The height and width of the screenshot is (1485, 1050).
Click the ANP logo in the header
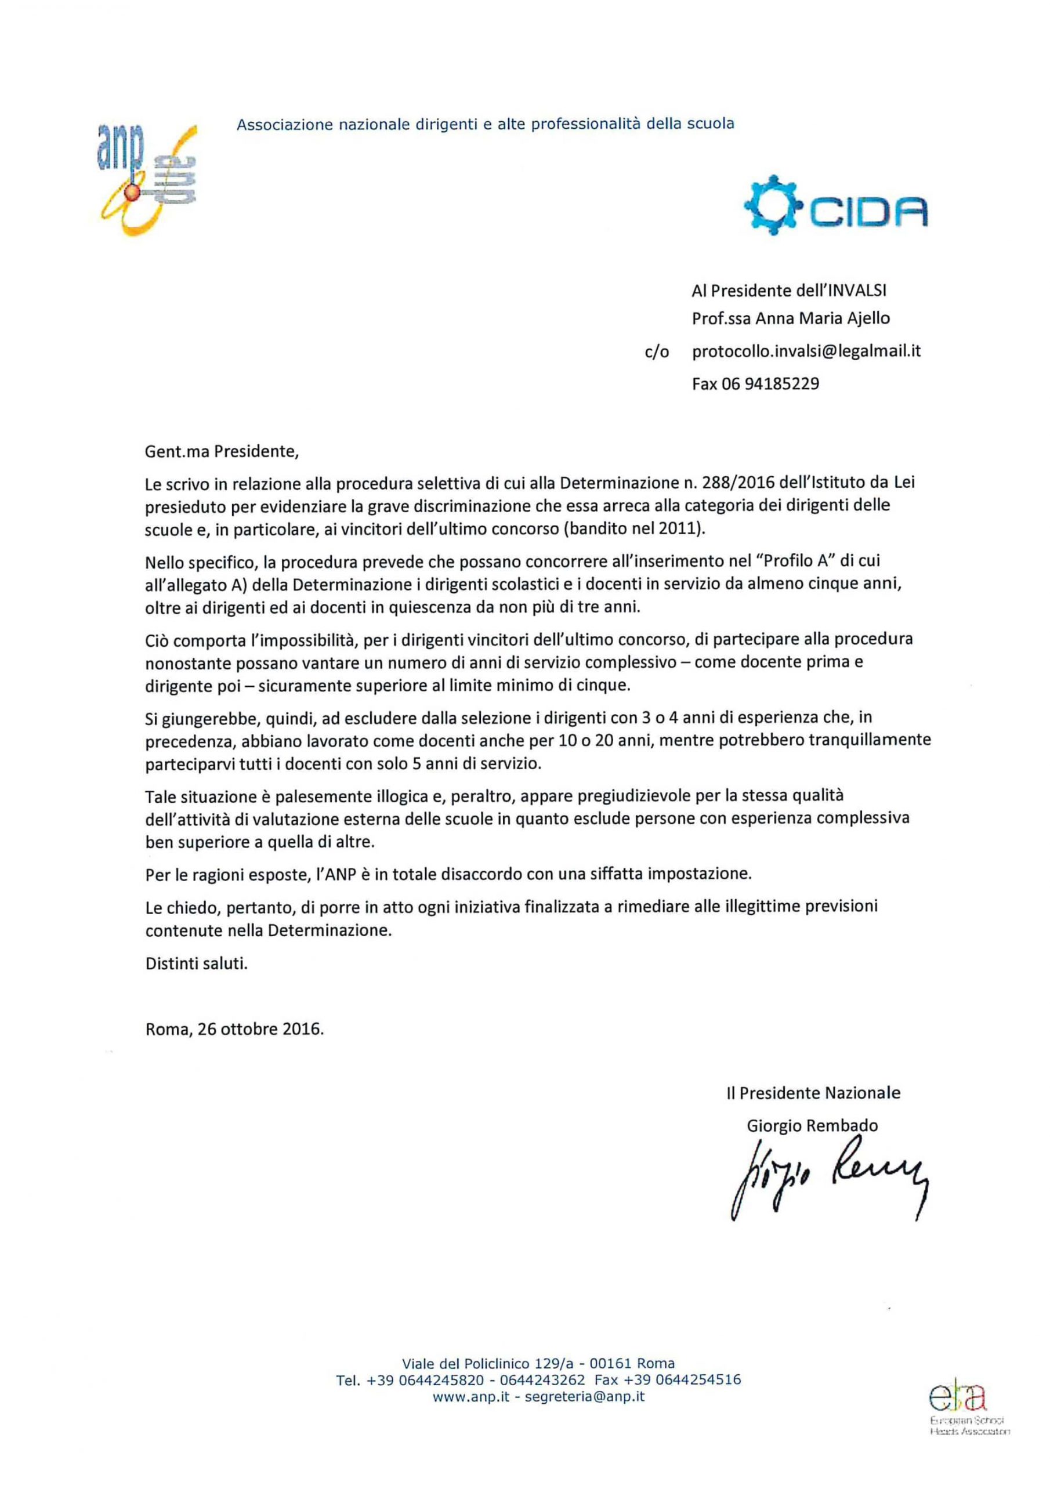[147, 179]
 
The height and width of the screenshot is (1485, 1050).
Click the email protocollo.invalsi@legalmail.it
[806, 350]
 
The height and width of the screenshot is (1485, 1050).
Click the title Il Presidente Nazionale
[813, 1092]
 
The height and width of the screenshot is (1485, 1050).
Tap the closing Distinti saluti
[196, 963]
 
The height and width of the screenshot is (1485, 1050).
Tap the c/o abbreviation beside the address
[657, 353]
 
